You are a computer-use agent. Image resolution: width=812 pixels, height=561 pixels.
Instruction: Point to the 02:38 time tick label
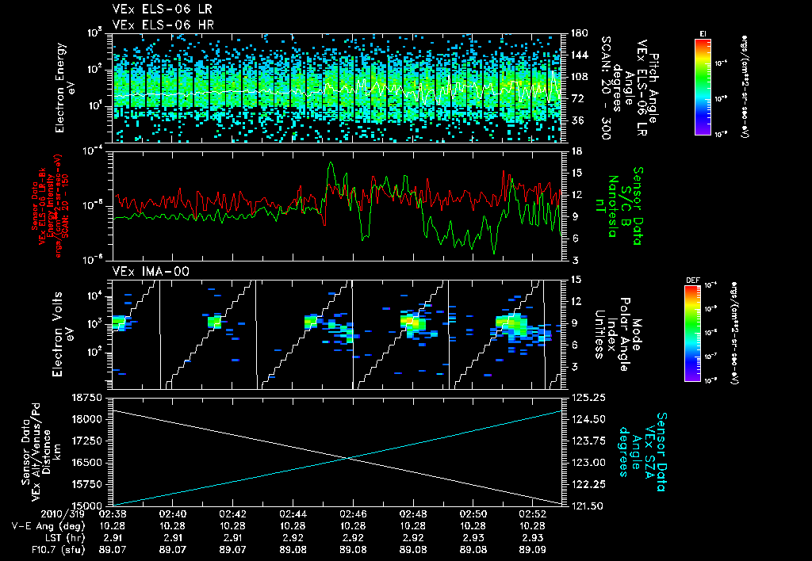click(113, 513)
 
